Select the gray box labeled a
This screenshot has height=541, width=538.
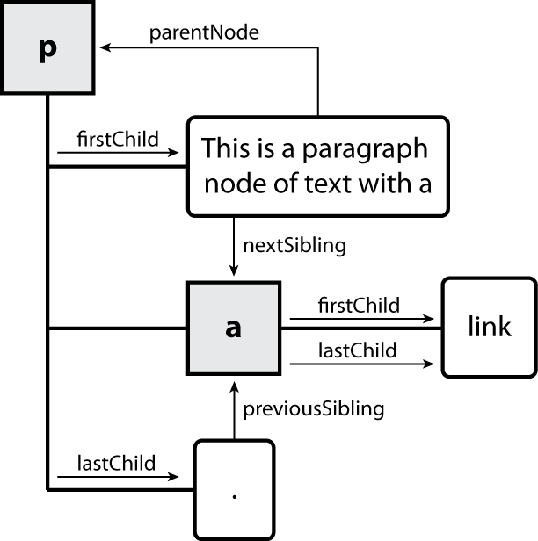tap(233, 328)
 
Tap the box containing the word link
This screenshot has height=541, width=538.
tap(488, 328)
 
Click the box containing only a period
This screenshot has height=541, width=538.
tap(234, 490)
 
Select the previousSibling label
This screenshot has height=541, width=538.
tap(314, 408)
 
